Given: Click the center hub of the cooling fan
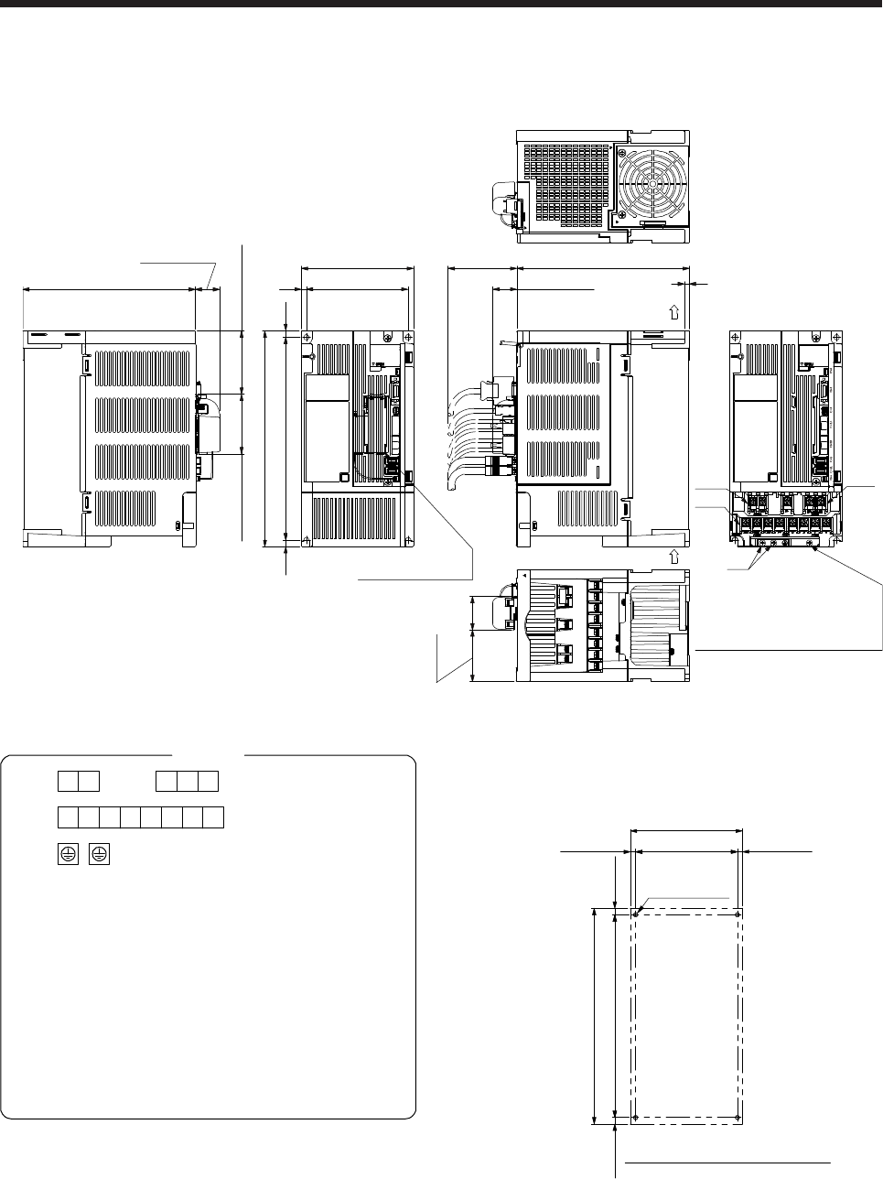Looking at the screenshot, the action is click(x=651, y=182).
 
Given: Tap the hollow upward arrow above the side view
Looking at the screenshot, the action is click(x=673, y=311).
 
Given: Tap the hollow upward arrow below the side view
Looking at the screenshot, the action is click(x=673, y=556).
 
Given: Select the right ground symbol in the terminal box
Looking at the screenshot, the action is click(x=99, y=854).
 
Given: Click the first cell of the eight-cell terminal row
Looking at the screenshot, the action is click(x=67, y=817).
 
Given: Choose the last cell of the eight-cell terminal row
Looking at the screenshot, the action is click(x=214, y=817).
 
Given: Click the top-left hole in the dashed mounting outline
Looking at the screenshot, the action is click(x=636, y=912).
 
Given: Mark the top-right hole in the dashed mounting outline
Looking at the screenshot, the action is click(x=738, y=912).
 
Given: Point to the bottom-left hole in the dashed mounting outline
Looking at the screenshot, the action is click(x=636, y=1119).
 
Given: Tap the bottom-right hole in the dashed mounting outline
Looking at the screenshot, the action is click(x=738, y=1119).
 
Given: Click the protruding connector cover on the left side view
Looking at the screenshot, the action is click(x=210, y=426).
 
